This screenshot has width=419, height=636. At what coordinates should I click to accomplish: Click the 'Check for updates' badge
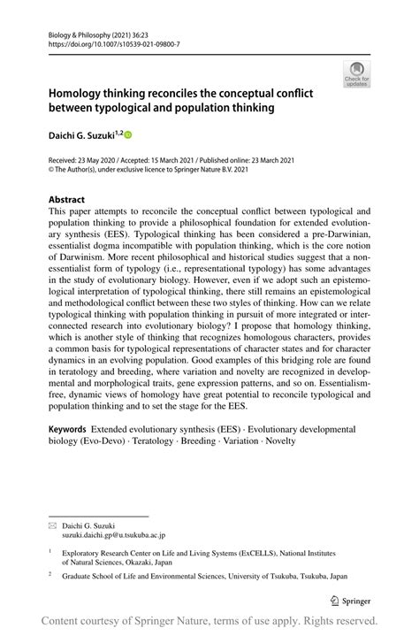(357, 73)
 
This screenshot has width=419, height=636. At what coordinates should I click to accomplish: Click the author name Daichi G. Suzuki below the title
(81, 134)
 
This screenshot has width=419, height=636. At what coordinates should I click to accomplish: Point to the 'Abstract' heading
(67, 199)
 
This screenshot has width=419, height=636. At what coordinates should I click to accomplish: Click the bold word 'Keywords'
(72, 427)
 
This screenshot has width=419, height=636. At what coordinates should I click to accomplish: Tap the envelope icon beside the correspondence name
(52, 524)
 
